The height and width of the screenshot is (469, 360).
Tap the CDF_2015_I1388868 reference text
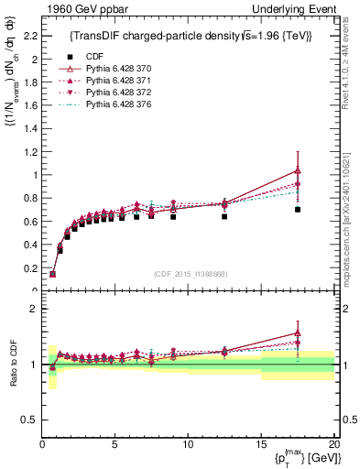(x=188, y=274)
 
